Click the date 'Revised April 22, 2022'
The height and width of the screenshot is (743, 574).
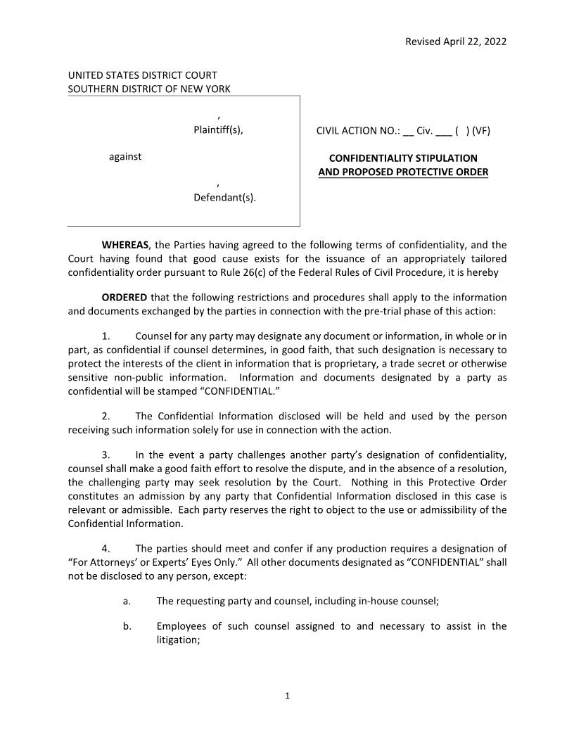pos(455,41)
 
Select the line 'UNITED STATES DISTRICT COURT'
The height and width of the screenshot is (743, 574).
pos(142,75)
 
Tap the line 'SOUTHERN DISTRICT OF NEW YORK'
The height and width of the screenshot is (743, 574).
pos(148,89)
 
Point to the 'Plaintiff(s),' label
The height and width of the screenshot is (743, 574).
pos(218,129)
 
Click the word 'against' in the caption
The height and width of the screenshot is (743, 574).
pos(125,156)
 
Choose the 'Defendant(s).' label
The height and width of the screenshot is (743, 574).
pos(224,198)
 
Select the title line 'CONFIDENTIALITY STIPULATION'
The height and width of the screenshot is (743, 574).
pos(403,158)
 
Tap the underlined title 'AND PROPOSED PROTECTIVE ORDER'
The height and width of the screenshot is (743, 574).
pos(403,172)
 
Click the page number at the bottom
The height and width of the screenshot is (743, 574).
pos(287,697)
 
